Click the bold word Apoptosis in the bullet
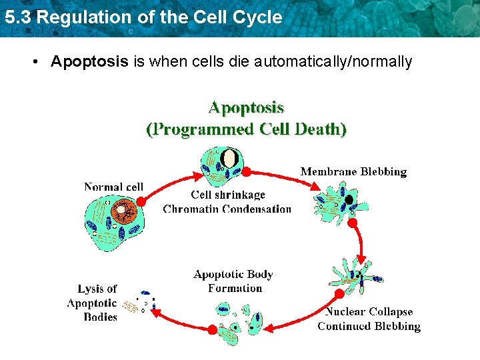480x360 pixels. point(89,62)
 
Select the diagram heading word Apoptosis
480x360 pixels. point(246,107)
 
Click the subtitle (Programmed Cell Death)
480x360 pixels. point(246,129)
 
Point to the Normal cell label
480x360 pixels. point(113,187)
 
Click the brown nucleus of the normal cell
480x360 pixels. point(123,213)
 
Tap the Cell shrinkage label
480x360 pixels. point(228,195)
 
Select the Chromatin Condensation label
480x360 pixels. point(227,209)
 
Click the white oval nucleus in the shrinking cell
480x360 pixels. point(229,159)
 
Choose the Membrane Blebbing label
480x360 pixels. point(353,172)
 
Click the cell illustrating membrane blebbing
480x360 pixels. point(341,202)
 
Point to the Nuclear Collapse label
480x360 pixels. point(369,312)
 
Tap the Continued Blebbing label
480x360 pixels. point(369,326)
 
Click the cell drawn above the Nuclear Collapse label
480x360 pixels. point(357,276)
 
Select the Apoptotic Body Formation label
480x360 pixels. point(233,281)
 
